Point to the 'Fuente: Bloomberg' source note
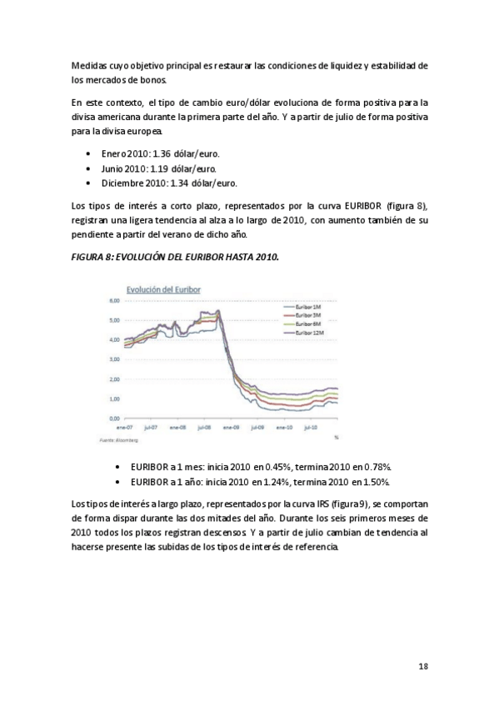pos(118,437)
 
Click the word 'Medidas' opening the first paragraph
pos(89,66)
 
